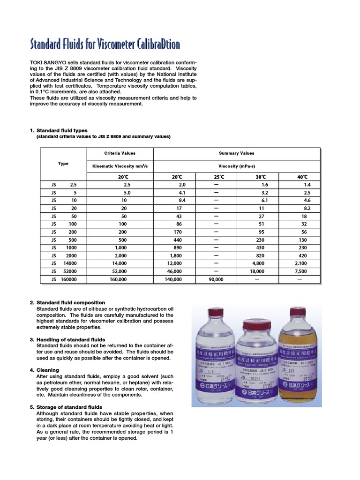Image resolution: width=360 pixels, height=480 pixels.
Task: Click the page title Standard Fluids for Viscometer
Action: coord(105,45)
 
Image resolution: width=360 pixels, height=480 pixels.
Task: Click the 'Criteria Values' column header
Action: coord(120,153)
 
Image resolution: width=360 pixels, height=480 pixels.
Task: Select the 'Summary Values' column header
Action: coord(237,153)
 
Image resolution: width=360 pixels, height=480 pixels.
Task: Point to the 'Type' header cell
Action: coord(63,164)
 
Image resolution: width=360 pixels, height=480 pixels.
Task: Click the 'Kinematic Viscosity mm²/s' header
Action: coord(120,166)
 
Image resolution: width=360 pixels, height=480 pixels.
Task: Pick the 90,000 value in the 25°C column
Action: coord(216,279)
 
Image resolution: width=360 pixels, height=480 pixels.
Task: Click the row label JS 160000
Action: coord(63,279)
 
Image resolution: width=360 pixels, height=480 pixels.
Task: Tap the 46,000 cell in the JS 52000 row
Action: coord(174,271)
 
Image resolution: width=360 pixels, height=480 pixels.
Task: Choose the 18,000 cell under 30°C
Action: coord(257,271)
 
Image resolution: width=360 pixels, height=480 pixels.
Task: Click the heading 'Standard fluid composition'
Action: coord(70,303)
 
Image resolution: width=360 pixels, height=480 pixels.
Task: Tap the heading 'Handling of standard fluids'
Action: coord(70,339)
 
